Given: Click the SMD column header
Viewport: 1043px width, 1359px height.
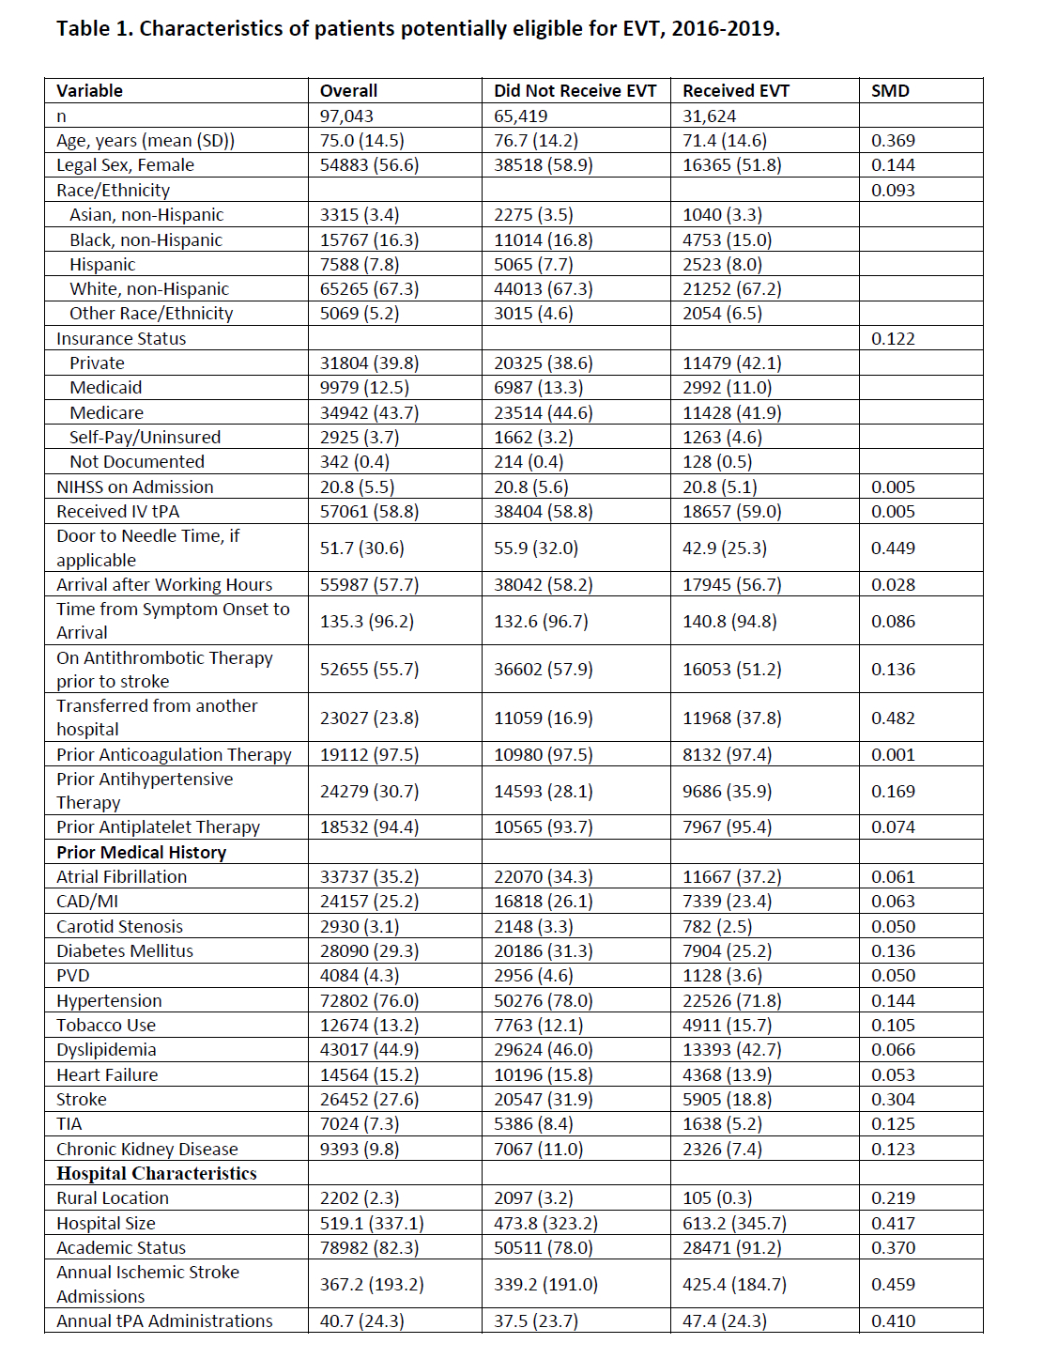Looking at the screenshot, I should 890,91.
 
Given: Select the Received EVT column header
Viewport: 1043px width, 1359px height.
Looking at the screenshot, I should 736,91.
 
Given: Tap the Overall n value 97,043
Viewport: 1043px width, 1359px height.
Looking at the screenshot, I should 346,116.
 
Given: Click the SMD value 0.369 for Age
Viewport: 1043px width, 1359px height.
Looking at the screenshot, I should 893,141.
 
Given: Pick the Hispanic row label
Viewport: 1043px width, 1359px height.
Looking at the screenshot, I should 102,265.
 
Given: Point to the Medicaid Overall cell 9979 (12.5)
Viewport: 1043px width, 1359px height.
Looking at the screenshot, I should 364,388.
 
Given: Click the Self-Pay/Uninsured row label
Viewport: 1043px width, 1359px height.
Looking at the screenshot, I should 145,438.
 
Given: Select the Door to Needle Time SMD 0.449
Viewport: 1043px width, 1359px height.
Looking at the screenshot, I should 893,548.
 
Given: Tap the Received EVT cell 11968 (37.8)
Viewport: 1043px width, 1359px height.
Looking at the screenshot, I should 731,718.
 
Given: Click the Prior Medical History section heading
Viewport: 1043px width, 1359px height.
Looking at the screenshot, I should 141,853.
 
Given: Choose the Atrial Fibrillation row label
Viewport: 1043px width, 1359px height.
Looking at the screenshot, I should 121,877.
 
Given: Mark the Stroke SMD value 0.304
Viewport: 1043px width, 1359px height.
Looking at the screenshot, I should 893,1100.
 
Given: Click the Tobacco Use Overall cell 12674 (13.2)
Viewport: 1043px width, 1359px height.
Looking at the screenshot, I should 369,1026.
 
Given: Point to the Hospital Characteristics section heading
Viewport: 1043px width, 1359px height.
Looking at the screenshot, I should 156,1174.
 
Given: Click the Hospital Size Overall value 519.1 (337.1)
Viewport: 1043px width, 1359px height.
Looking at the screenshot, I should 372,1224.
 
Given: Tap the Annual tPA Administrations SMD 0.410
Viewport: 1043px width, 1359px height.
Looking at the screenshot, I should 893,1321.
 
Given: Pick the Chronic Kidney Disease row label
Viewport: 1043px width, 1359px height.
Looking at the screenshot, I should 146,1150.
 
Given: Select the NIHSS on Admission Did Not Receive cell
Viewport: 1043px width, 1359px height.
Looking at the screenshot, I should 531,487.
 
